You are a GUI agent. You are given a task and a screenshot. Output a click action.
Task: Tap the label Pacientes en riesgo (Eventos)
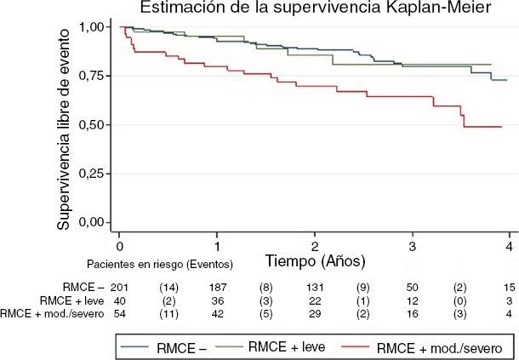(x=160, y=263)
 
